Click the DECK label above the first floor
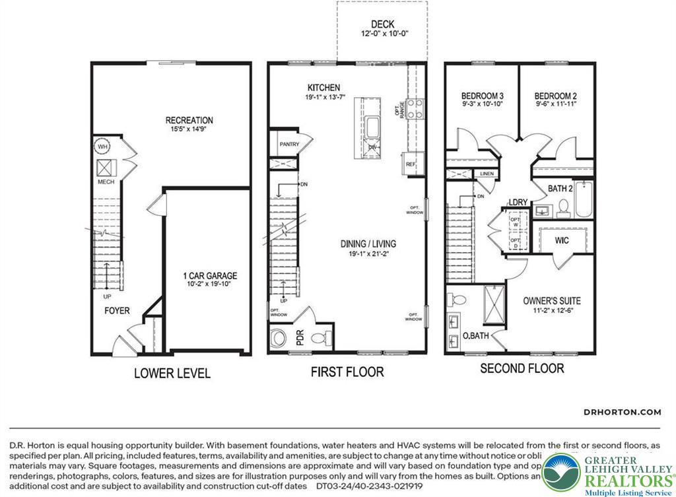click(382, 25)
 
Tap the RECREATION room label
click(189, 120)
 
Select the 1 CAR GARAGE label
click(210, 276)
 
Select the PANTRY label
click(288, 144)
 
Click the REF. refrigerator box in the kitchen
click(411, 164)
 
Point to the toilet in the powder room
click(319, 339)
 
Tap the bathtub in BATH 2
click(584, 200)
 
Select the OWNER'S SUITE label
click(552, 300)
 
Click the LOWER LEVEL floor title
click(172, 374)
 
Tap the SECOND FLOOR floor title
click(522, 368)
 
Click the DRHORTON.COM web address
click(622, 412)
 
